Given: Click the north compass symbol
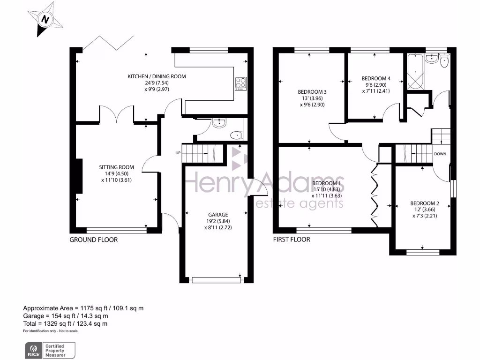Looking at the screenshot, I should click(45, 20).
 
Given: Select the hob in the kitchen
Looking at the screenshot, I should click(240, 82).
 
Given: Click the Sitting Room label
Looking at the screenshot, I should click(116, 167).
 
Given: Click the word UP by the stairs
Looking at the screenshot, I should click(178, 153).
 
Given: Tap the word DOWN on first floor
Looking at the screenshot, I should click(440, 154).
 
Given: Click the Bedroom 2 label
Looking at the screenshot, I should click(425, 203).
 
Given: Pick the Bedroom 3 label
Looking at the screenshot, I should click(312, 91).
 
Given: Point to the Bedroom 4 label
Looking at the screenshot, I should click(376, 78).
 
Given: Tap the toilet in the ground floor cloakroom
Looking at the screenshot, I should click(237, 135).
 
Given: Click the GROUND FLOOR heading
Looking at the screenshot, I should click(93, 240).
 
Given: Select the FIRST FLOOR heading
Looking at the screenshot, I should click(292, 240).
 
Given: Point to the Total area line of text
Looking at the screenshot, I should click(66, 323).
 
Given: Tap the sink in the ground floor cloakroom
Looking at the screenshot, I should click(219, 124).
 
